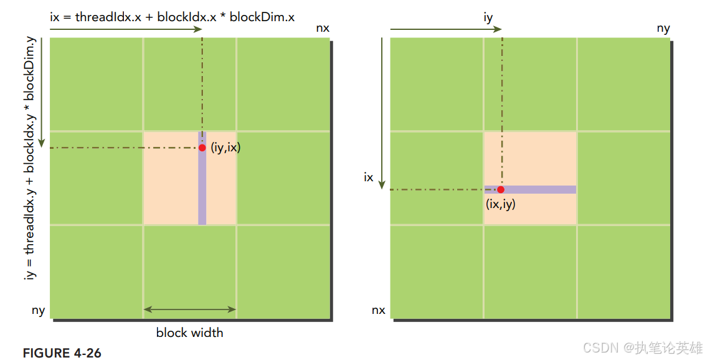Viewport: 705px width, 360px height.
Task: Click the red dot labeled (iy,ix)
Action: (202, 148)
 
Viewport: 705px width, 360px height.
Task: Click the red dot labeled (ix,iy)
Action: (501, 189)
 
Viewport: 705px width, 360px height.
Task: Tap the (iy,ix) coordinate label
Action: (225, 148)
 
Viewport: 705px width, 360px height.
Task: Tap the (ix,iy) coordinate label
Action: (501, 203)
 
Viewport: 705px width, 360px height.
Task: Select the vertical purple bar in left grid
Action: (202, 187)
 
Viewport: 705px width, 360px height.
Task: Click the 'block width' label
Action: (189, 333)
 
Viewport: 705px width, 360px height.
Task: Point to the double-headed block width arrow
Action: (189, 309)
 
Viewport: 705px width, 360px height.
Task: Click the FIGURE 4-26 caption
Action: (62, 353)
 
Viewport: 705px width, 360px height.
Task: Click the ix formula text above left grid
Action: (173, 17)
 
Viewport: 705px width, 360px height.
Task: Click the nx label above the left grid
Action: (323, 29)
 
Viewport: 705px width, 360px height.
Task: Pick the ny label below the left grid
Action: (38, 310)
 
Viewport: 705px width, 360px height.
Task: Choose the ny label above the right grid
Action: (663, 29)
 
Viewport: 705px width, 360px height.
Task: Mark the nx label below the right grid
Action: (378, 310)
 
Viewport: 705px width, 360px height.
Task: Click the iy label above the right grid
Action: (488, 18)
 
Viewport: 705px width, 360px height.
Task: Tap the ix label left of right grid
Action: (369, 178)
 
